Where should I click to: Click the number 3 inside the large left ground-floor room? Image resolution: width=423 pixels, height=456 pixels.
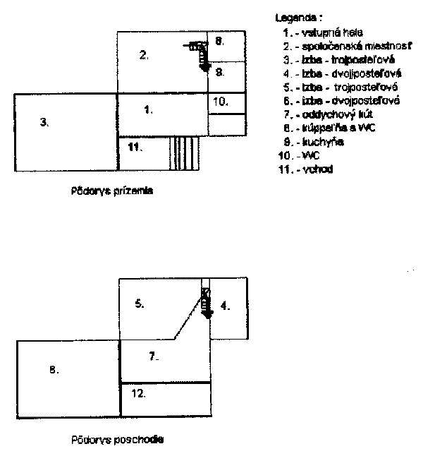(43, 122)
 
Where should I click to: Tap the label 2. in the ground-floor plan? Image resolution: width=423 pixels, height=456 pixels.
(143, 54)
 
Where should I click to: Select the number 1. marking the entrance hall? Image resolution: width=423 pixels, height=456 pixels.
(148, 109)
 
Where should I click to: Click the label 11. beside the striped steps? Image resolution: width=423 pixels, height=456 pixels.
(135, 147)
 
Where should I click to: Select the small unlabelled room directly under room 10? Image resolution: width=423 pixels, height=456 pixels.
(226, 124)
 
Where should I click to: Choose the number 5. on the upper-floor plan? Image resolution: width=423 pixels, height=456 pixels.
(140, 304)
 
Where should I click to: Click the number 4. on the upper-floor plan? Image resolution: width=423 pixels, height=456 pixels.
(224, 306)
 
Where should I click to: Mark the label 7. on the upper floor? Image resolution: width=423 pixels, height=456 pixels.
(154, 356)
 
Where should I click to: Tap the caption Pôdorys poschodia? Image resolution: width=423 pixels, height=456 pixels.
(116, 439)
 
